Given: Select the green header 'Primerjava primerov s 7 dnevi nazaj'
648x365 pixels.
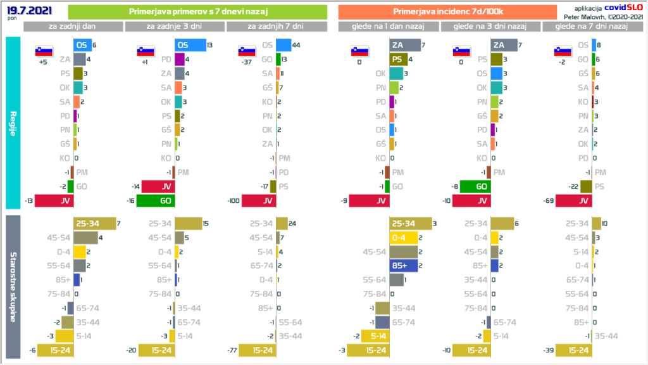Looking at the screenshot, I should point(197,12).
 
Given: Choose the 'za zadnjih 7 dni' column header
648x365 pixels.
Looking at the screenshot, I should point(276,27).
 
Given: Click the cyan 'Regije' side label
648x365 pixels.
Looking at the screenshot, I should point(13,122).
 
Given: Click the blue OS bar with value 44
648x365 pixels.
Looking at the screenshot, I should point(283,45).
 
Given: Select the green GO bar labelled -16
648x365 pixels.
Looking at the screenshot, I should point(156,201).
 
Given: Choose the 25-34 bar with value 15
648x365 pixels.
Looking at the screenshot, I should point(188,223).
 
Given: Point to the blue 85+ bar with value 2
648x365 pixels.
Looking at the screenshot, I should point(402,266).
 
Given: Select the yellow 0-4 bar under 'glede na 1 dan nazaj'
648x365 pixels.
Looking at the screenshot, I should point(402,238).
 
